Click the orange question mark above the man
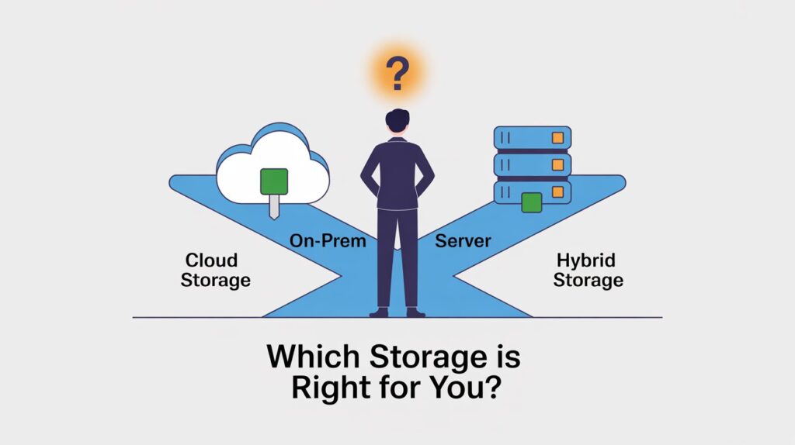click(397, 74)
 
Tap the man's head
click(397, 122)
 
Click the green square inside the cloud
click(273, 181)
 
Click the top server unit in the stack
click(533, 139)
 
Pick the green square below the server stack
click(531, 203)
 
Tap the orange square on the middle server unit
click(556, 165)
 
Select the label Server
click(463, 240)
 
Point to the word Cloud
click(211, 260)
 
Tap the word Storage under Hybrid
click(588, 280)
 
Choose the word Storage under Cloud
click(216, 280)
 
